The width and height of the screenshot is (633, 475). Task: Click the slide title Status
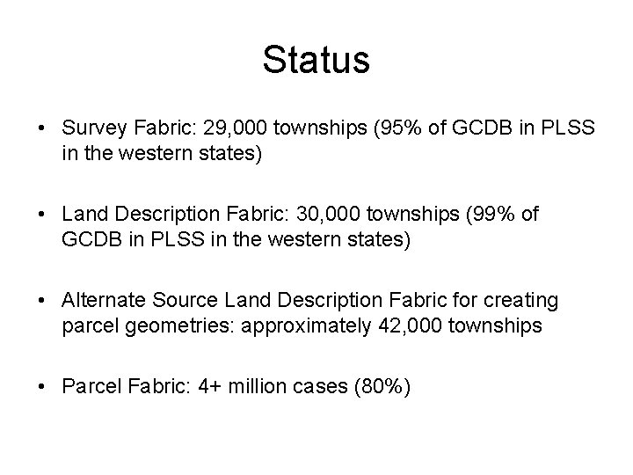(x=316, y=61)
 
